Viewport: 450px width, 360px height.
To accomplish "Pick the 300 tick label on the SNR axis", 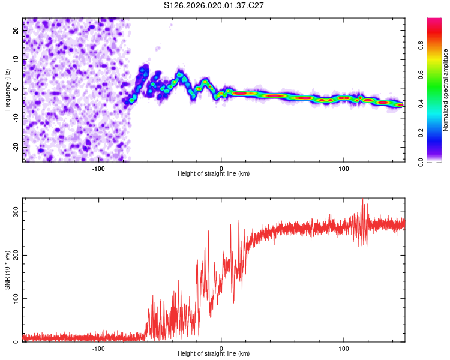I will pyautogui.click(x=13, y=212).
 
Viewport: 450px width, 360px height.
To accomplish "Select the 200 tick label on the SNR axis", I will pyautogui.click(x=13, y=256).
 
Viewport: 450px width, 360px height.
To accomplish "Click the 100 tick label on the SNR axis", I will pyautogui.click(x=13, y=299).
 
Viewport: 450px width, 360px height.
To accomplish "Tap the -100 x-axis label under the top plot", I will pyautogui.click(x=98, y=168).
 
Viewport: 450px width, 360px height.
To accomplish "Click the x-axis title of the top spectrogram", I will pyautogui.click(x=214, y=174).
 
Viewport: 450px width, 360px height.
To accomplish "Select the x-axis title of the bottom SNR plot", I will pyautogui.click(x=214, y=354).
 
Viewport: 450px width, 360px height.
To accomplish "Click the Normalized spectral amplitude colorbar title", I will pyautogui.click(x=446, y=90).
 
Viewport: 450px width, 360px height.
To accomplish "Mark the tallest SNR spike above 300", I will pyautogui.click(x=362, y=200).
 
